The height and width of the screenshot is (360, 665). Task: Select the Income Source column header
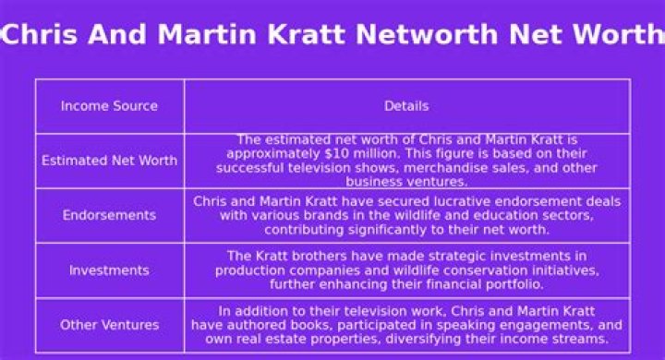pyautogui.click(x=109, y=106)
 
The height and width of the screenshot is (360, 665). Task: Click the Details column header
pyautogui.click(x=406, y=106)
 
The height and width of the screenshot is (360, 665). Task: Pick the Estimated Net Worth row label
pyautogui.click(x=109, y=161)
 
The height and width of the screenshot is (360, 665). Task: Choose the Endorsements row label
pyautogui.click(x=109, y=215)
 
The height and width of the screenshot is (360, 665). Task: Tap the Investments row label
pyautogui.click(x=109, y=270)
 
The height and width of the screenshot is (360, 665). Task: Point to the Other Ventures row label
pyautogui.click(x=109, y=325)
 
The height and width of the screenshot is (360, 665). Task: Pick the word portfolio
pyautogui.click(x=539, y=284)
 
